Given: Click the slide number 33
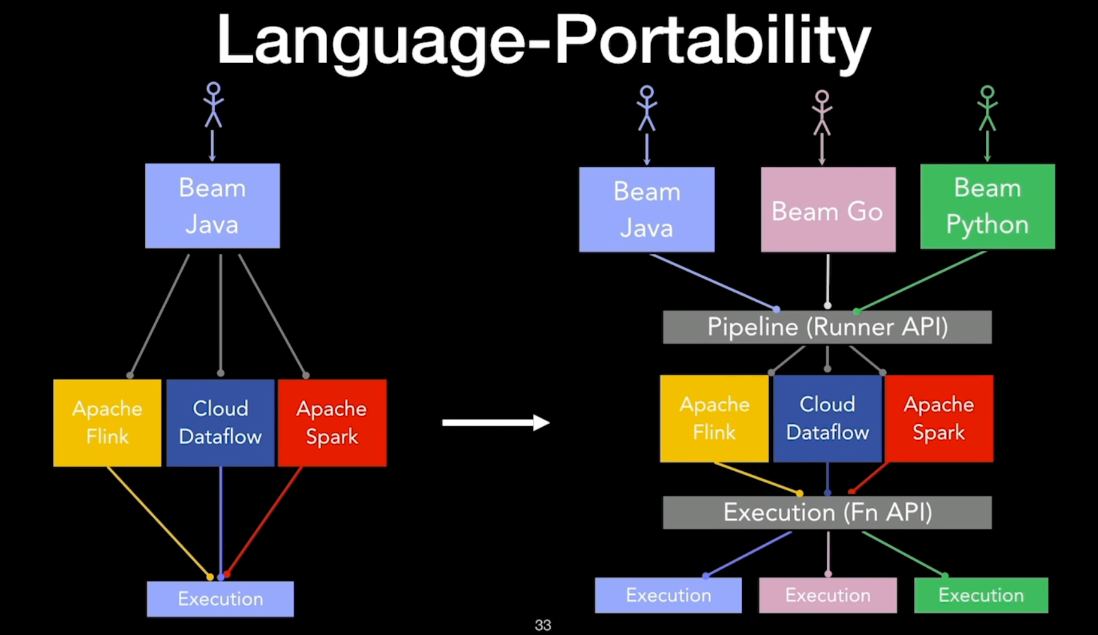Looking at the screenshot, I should point(542,625).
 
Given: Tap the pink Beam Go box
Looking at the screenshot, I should point(828,209).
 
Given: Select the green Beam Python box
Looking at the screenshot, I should point(988,206).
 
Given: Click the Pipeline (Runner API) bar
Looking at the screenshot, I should point(827,327).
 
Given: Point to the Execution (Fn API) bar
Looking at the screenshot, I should point(827,513).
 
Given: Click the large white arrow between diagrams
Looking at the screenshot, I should point(496,423).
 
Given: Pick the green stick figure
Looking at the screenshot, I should point(987,109).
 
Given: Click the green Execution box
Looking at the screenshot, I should point(981,595).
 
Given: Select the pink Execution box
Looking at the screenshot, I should point(828,595).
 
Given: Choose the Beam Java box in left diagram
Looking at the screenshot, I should point(212,206).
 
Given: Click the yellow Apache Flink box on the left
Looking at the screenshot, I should point(107,423).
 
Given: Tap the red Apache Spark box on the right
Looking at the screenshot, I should point(939,418).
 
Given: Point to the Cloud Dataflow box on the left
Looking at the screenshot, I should point(220,423).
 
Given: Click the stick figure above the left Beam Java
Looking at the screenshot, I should point(213,105).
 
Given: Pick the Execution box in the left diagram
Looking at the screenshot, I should point(220,598).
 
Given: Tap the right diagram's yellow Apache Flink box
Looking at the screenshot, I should point(714,418).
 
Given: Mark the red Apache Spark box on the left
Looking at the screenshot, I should point(332,423).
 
